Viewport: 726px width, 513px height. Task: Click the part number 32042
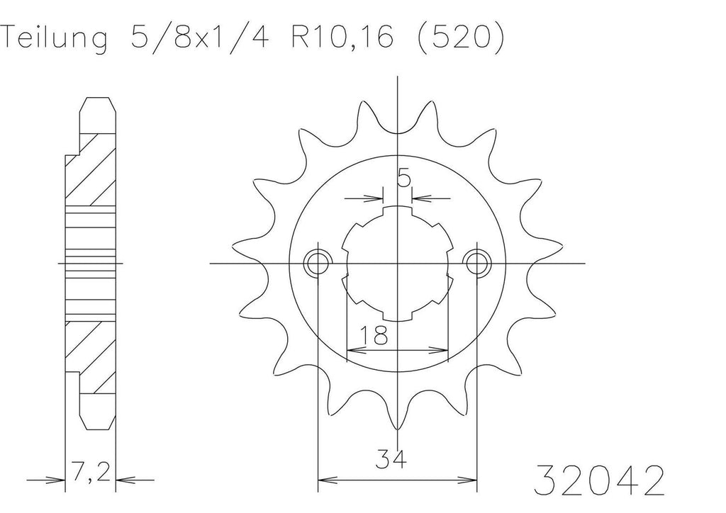pyautogui.click(x=599, y=480)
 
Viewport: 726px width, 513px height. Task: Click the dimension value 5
pyautogui.click(x=403, y=178)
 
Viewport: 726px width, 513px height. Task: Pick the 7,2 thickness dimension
pyautogui.click(x=91, y=472)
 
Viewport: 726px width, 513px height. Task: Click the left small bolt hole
pyautogui.click(x=318, y=264)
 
